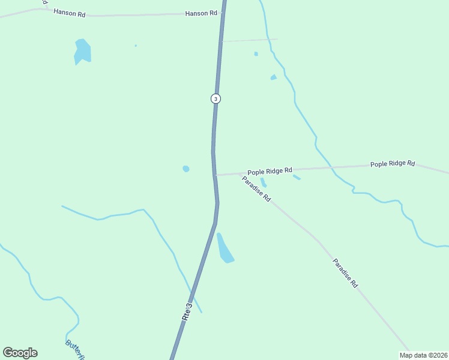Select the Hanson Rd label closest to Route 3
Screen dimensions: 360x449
200,13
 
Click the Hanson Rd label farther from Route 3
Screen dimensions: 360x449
69,12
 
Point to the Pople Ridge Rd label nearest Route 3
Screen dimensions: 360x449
270,171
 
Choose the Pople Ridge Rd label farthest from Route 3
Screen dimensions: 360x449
393,163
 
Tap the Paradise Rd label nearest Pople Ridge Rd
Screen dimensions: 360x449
257,188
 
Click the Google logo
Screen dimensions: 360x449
20,353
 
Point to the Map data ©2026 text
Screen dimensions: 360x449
423,355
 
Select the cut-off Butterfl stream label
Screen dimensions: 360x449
74,350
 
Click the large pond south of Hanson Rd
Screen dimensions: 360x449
82,52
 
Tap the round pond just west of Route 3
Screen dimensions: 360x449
186,169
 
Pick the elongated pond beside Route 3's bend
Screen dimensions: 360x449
225,249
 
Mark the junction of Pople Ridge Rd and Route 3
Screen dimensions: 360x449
215,175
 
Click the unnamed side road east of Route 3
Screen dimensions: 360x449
249,40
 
